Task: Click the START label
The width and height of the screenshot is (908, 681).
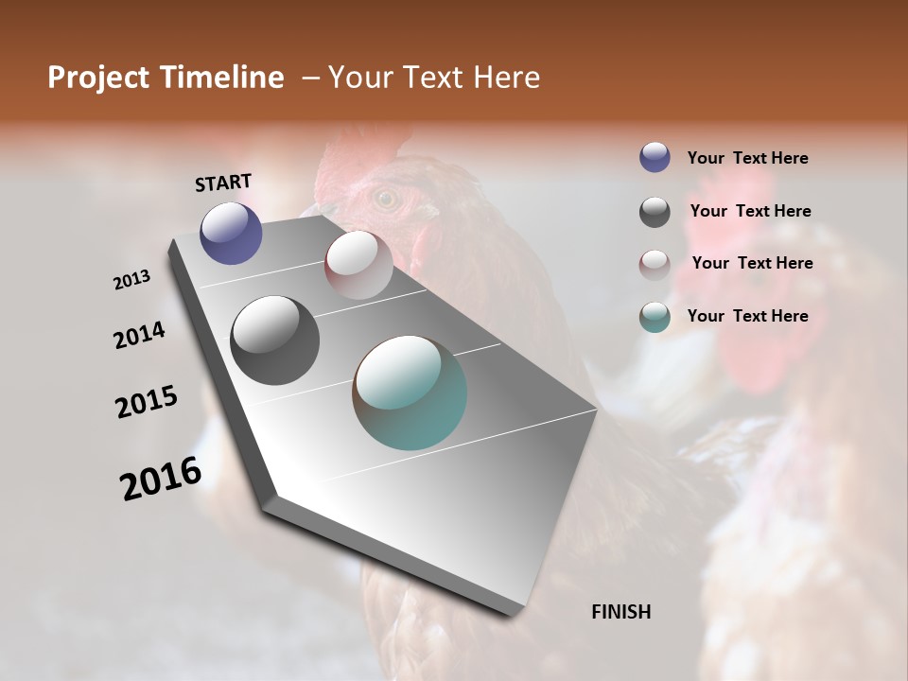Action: click(x=223, y=183)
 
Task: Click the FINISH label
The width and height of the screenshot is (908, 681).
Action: click(x=620, y=612)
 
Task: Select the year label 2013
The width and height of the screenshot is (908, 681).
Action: click(x=132, y=280)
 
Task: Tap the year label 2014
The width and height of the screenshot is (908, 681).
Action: click(x=140, y=335)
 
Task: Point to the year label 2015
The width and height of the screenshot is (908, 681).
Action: click(x=147, y=402)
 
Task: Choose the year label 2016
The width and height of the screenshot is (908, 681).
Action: click(x=161, y=478)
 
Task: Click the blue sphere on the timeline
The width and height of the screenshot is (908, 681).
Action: click(x=231, y=233)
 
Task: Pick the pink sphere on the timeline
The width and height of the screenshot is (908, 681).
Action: click(x=358, y=265)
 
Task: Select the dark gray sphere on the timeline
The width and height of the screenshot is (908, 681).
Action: click(x=274, y=340)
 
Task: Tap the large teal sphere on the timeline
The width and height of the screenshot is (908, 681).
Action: click(x=410, y=392)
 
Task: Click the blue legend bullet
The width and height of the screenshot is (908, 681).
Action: click(x=655, y=157)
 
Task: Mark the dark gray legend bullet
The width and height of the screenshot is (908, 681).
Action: click(x=655, y=212)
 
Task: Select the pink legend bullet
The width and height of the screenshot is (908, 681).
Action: click(x=655, y=265)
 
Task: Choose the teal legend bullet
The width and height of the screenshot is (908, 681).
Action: click(x=655, y=317)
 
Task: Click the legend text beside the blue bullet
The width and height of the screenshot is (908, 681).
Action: click(x=747, y=158)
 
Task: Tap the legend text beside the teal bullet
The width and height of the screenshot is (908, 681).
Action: click(x=747, y=316)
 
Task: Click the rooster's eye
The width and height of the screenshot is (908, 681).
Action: click(x=385, y=198)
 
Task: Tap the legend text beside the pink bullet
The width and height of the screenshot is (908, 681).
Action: click(x=752, y=263)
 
